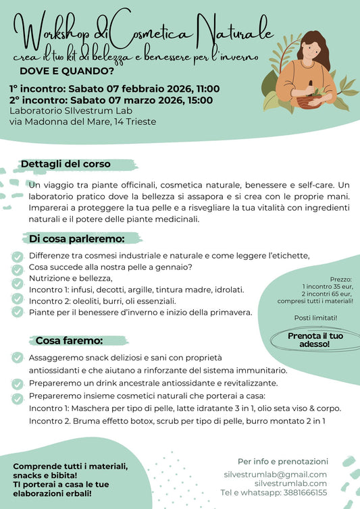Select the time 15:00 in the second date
pos(199,101)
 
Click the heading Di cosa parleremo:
pos(76,238)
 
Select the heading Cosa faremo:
pos(68,340)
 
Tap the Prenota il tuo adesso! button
pos(315,339)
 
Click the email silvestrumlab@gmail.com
pos(275,475)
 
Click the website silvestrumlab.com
pos(291,483)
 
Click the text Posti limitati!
pos(316,317)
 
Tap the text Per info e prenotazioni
pos(283,461)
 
